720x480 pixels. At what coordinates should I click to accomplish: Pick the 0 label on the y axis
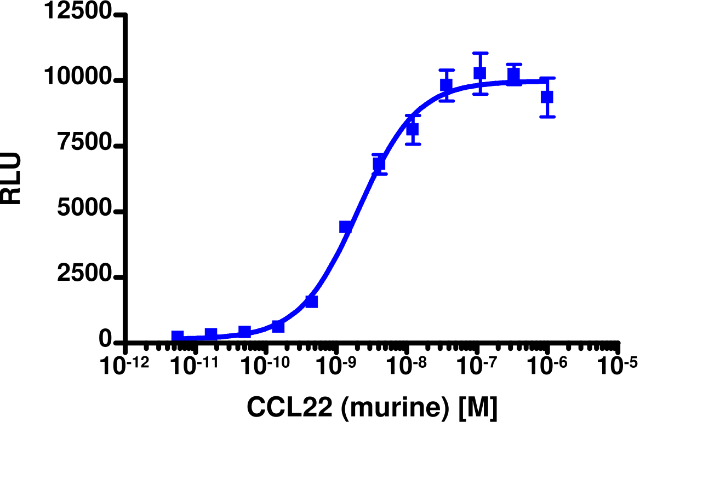105,340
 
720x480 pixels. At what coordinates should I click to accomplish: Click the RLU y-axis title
11,178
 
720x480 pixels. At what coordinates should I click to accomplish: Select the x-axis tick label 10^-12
125,367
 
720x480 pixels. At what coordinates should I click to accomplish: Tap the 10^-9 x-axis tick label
336,367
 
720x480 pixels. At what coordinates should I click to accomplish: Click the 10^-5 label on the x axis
618,367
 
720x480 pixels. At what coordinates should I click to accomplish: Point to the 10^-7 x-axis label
477,367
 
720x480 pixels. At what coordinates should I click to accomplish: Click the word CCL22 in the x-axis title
289,407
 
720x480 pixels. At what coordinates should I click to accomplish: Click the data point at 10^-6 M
547,97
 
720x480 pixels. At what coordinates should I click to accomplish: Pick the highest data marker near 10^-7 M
480,73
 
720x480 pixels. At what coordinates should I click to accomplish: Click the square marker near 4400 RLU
345,227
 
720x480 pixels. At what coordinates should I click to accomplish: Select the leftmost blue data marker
178,336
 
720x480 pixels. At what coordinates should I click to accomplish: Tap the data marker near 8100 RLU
413,130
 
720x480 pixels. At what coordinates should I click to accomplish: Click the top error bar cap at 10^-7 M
480,54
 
